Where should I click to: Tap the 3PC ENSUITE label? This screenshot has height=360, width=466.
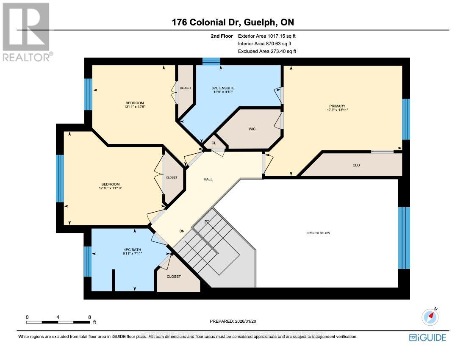[x=223, y=88]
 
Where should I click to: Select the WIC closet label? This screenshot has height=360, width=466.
[x=252, y=129]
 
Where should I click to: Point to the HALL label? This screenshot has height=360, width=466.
[x=208, y=179]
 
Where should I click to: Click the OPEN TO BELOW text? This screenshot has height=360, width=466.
[x=318, y=233]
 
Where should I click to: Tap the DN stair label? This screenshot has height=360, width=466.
[x=182, y=231]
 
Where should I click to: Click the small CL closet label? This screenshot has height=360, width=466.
[x=214, y=143]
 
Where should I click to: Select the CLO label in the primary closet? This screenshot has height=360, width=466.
[x=356, y=165]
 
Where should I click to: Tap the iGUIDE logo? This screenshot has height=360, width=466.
[x=427, y=337]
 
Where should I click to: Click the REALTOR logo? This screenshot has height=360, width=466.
[x=27, y=32]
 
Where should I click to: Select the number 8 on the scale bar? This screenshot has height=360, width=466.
[x=89, y=317]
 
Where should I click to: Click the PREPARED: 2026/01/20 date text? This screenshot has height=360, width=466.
[x=233, y=321]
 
